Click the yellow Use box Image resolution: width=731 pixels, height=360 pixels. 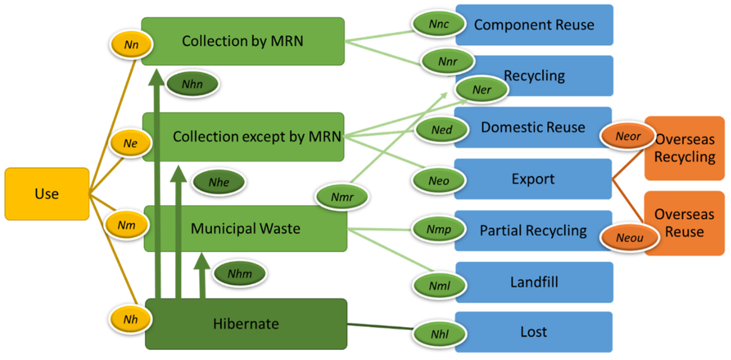(x=46, y=194)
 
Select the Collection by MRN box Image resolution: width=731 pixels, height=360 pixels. (x=243, y=41)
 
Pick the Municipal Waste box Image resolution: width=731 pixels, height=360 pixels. (x=245, y=229)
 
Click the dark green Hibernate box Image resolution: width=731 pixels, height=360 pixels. (x=246, y=324)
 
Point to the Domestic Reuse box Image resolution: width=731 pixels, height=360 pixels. (x=543, y=127)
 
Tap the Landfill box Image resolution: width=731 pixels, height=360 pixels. (x=534, y=282)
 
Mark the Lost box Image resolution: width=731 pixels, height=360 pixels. (x=534, y=331)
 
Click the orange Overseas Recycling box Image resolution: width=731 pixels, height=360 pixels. (x=685, y=148)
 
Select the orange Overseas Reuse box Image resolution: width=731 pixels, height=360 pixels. (x=685, y=223)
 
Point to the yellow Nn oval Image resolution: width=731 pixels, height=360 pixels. (x=131, y=44)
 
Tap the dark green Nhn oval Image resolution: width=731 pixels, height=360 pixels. (x=192, y=84)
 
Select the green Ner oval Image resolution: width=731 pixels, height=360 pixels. (x=481, y=90)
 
